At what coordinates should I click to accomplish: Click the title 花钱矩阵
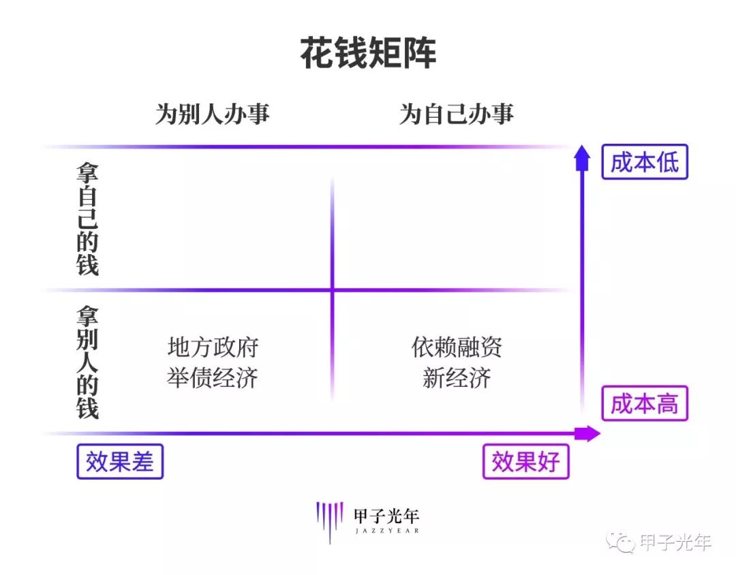tap(369, 52)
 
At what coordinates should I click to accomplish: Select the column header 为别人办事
tap(213, 114)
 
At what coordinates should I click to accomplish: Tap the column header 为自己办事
tap(457, 114)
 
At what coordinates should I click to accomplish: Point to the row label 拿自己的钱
tap(88, 219)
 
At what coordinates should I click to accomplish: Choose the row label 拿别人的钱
tap(88, 362)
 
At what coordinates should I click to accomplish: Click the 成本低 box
tap(645, 162)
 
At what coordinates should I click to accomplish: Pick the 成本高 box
tap(645, 403)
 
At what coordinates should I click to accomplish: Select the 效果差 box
tap(120, 461)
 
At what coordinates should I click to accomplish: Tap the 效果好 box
tap(525, 461)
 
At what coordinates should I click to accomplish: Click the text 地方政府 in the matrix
tap(213, 347)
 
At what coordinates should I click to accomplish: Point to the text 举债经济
tap(213, 378)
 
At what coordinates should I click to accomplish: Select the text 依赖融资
tap(457, 347)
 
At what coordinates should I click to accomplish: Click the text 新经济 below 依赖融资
tap(457, 378)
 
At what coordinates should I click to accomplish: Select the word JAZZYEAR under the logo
tap(387, 531)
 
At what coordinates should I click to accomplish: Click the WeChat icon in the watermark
tap(621, 542)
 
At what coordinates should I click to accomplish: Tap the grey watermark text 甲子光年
tap(675, 542)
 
